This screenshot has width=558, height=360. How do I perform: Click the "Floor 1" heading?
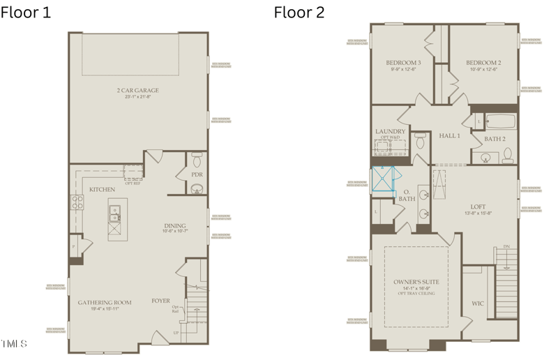pyautogui.click(x=25, y=12)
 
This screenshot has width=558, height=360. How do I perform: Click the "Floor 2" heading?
pyautogui.click(x=299, y=12)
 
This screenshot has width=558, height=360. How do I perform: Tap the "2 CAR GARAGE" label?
pyautogui.click(x=137, y=90)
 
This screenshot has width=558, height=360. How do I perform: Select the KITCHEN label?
pyautogui.click(x=102, y=190)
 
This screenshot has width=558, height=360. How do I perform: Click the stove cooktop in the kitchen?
pyautogui.click(x=76, y=202)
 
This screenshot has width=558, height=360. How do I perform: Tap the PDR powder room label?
pyautogui.click(x=197, y=174)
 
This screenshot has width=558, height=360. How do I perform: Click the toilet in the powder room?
pyautogui.click(x=197, y=156)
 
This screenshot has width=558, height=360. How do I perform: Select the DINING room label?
pyautogui.click(x=174, y=225)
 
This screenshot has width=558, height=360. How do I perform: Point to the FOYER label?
pyautogui.click(x=161, y=301)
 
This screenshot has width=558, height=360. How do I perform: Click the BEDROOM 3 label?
pyautogui.click(x=402, y=62)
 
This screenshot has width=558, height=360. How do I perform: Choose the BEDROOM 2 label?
pyautogui.click(x=483, y=62)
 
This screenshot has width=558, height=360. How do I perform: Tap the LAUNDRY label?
pyautogui.click(x=390, y=131)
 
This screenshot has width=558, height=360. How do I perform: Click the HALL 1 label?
pyautogui.click(x=449, y=135)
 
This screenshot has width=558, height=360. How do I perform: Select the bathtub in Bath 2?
pyautogui.click(x=499, y=122)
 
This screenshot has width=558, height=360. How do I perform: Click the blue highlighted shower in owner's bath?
pyautogui.click(x=383, y=179)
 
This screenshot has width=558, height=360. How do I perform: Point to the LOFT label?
pyautogui.click(x=478, y=207)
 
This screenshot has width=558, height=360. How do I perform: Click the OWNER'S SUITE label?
pyautogui.click(x=416, y=281)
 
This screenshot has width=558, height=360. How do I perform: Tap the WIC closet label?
pyautogui.click(x=478, y=303)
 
